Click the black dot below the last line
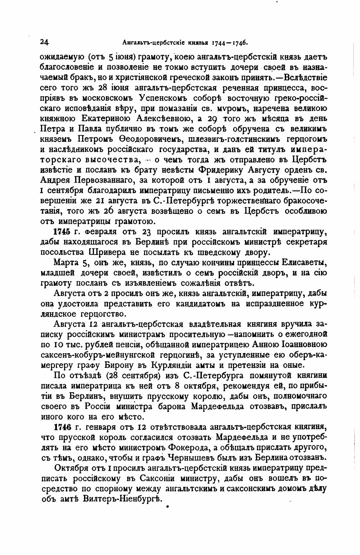pyautogui.click(x=168, y=507)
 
